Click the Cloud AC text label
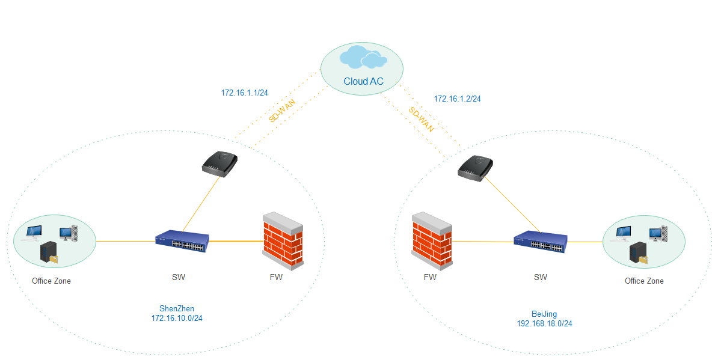tap(363, 82)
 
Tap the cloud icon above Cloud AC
tap(363, 58)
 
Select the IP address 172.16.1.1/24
tap(244, 93)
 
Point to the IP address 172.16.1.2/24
tap(457, 99)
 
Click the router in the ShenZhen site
tap(219, 163)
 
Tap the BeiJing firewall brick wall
tap(432, 239)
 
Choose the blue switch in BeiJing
tap(541, 242)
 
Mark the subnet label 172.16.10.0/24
tap(177, 318)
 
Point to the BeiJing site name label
tap(544, 314)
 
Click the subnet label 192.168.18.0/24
tap(544, 323)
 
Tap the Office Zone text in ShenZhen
tap(51, 281)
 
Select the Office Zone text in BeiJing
tap(644, 281)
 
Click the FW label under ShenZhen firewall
tap(276, 277)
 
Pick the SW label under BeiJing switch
tap(541, 277)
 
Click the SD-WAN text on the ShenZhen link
tap(278, 112)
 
